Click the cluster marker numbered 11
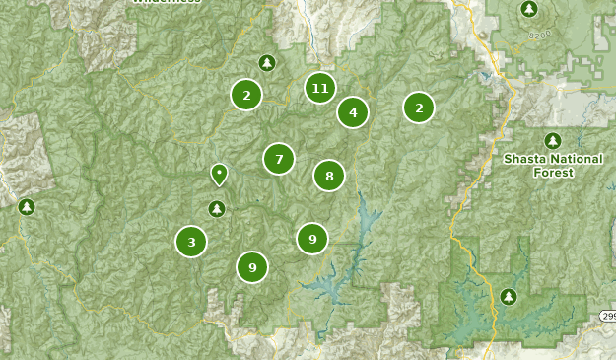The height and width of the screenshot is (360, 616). click(319, 89)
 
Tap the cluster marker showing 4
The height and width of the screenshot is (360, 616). click(353, 112)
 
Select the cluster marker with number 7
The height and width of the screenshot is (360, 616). click(279, 159)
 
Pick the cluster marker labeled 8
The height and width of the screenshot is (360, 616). click(329, 176)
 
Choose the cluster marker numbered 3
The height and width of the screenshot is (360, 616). click(191, 241)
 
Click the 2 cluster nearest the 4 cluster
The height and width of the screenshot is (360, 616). click(419, 108)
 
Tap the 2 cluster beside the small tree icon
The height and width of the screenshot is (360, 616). click(246, 95)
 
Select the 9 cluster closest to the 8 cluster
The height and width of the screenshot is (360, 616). click(312, 238)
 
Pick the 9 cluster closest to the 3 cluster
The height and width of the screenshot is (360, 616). click(252, 266)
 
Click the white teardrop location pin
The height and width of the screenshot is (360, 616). click(219, 175)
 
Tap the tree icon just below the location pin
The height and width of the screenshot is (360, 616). click(217, 208)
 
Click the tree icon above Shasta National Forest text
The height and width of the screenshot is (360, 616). click(552, 140)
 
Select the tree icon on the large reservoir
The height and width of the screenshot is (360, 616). click(509, 296)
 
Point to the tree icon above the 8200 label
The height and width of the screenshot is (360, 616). click(529, 9)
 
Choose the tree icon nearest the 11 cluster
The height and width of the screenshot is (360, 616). click(266, 63)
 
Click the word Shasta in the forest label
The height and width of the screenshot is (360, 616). click(526, 158)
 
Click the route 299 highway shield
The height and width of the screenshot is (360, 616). click(608, 316)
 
